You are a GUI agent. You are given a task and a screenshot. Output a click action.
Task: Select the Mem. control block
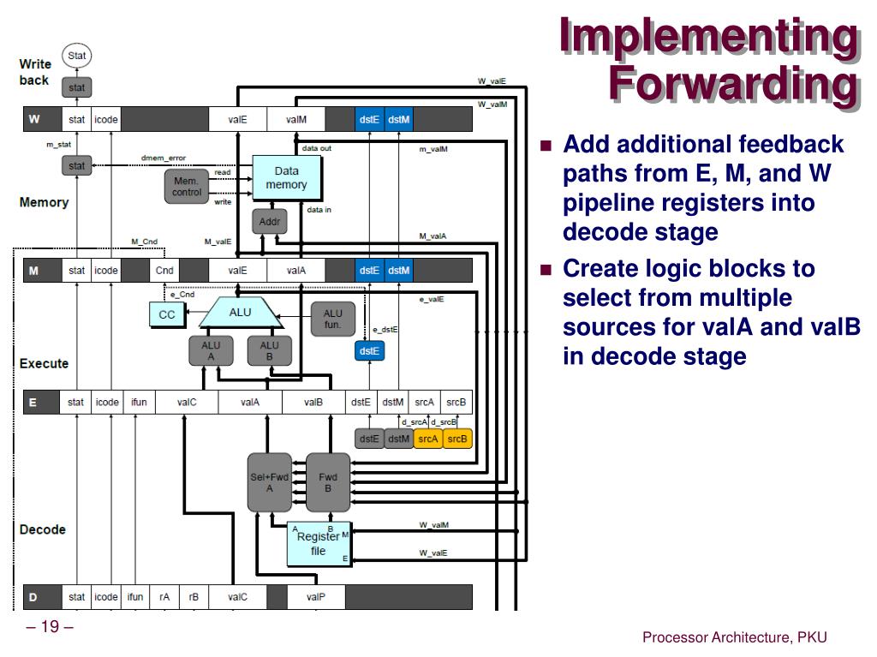click(186, 187)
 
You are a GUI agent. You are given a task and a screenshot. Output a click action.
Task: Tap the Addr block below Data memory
click(270, 222)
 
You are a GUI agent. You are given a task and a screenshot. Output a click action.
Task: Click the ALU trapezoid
click(241, 314)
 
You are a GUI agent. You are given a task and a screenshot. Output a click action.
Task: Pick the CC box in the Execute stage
click(166, 315)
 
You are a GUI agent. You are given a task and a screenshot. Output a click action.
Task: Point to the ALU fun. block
click(332, 319)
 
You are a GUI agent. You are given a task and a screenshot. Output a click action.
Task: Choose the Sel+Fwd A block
click(269, 482)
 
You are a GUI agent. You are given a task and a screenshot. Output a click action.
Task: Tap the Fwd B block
click(328, 482)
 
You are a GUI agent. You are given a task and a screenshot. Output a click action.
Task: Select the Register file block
click(318, 543)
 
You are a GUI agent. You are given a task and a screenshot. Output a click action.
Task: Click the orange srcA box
click(427, 439)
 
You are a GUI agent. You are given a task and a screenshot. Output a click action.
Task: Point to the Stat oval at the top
click(77, 57)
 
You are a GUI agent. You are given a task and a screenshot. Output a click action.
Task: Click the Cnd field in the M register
click(164, 271)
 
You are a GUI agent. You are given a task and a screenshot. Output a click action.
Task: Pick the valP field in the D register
click(315, 596)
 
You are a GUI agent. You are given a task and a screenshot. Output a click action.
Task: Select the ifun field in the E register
click(138, 402)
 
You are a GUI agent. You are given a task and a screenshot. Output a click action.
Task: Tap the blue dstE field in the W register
click(369, 119)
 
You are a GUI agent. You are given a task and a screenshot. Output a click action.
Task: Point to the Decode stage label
click(43, 529)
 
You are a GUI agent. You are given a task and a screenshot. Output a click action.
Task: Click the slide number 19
click(50, 627)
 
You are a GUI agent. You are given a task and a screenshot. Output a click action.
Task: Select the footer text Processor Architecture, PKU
click(735, 636)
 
